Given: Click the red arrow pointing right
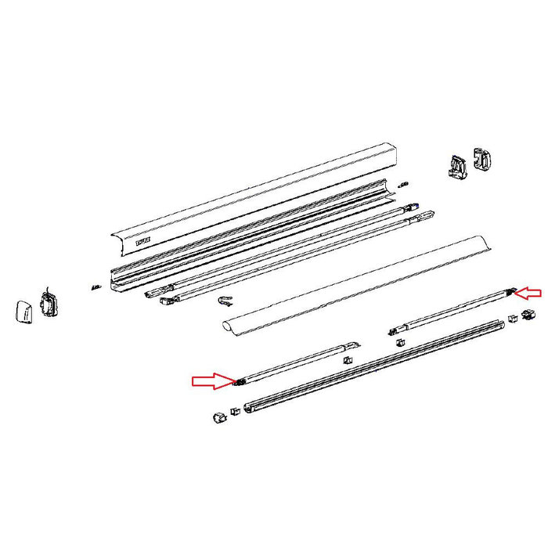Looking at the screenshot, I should coord(211,381).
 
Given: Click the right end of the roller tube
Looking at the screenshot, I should coord(487,246).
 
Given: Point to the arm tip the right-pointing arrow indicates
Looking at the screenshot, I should coord(236,382).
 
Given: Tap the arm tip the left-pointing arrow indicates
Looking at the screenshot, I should coord(514,291).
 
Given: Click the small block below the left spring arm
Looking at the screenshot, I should coord(347,361).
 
